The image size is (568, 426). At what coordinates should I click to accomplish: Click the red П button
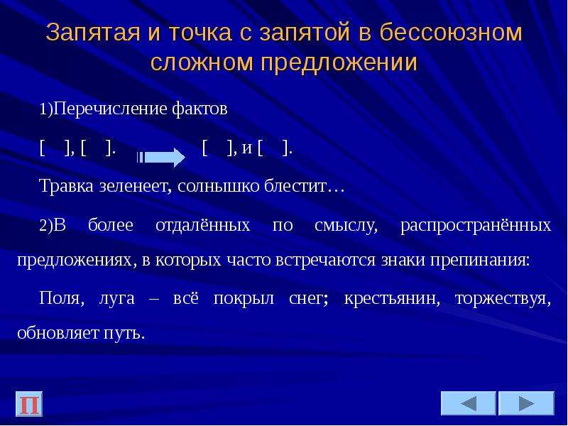click(x=29, y=403)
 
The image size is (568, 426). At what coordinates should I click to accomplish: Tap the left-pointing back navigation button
click(x=468, y=403)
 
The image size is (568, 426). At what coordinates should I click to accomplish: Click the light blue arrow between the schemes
click(x=161, y=157)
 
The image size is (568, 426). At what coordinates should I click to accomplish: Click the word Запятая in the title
click(x=93, y=32)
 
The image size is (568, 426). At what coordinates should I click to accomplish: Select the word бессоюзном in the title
click(x=450, y=32)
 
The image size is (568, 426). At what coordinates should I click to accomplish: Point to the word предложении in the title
click(x=339, y=62)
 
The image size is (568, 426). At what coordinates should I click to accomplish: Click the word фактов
click(x=200, y=109)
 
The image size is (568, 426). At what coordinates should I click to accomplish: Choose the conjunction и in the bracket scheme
click(x=246, y=148)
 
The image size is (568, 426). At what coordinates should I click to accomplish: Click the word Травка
click(x=66, y=186)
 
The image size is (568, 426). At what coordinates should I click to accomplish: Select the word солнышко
click(x=219, y=186)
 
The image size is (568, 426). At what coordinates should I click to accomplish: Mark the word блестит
click(x=295, y=186)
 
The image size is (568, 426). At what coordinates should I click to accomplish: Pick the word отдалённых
click(x=203, y=225)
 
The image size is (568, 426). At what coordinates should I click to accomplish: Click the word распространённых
click(x=476, y=226)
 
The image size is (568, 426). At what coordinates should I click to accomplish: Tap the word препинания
click(x=478, y=261)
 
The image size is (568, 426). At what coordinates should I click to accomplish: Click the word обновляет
click(x=58, y=332)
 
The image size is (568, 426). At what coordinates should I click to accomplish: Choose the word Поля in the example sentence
click(x=59, y=298)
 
